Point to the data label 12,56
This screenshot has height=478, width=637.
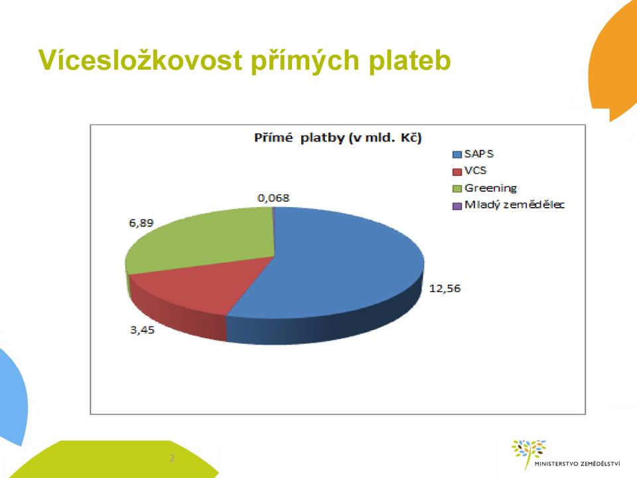coord(445,289)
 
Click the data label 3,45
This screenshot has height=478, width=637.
coord(142,330)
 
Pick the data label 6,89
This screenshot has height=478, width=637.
coord(141,223)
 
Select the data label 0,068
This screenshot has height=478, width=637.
coord(273,198)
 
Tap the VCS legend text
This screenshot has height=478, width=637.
coord(475,171)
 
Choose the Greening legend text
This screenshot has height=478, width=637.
coord(490,188)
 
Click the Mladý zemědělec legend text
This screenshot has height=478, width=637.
coord(514,204)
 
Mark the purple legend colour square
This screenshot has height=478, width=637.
coord(457,206)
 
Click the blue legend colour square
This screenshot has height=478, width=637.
coord(457,155)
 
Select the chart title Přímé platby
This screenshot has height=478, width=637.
coord(338,138)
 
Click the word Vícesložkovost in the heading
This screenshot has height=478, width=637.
coord(141,60)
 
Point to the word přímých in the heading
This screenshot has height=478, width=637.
coord(305,61)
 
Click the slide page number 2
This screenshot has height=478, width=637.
coord(172,458)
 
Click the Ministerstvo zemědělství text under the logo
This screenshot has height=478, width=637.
coord(577,463)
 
